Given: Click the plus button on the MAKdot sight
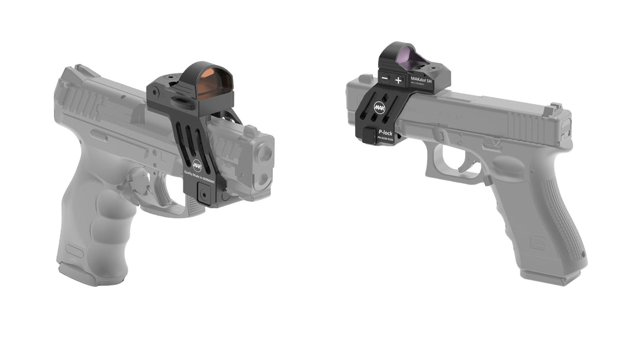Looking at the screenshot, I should pos(398,79).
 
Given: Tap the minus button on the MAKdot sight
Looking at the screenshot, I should pos(385,78).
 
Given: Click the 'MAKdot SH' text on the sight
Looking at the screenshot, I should pos(421,79).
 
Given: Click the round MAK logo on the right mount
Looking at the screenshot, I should pos(380,108).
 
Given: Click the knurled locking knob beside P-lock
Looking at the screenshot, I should pos(369,136).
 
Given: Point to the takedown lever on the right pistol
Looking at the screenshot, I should pos(490,143).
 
